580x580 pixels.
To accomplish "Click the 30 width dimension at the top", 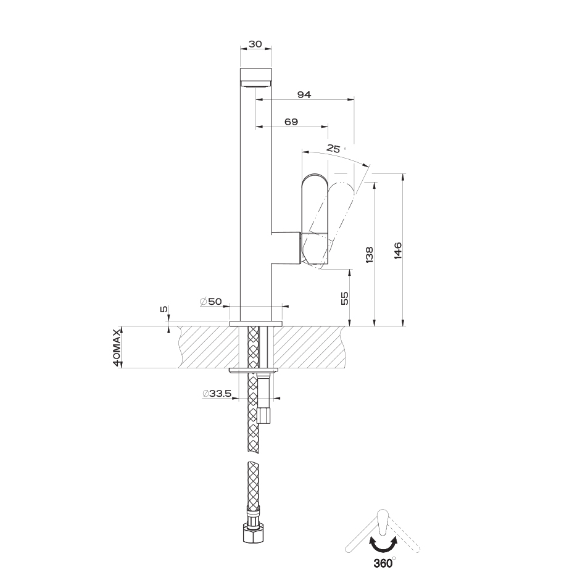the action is click(x=255, y=44).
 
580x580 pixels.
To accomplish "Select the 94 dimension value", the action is click(x=304, y=94).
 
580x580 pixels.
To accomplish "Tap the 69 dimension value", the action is click(x=291, y=122).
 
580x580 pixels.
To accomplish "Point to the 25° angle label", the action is click(x=335, y=149).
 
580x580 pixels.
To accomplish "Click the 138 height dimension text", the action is click(x=369, y=255).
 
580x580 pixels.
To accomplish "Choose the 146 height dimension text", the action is click(x=397, y=251).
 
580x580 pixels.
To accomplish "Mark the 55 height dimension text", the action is click(x=344, y=298).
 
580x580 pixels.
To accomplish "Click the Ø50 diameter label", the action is click(x=211, y=302).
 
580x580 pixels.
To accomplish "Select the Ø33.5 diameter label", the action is click(x=217, y=394).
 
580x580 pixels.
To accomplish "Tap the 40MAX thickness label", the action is click(x=117, y=347).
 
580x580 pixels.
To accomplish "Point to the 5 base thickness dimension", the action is click(x=164, y=309).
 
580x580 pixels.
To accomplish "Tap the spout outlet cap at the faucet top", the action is click(x=256, y=78).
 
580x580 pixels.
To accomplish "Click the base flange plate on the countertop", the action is click(x=256, y=324).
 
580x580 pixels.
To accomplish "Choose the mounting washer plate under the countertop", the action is click(x=254, y=371).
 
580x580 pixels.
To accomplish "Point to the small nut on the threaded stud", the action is click(x=263, y=416).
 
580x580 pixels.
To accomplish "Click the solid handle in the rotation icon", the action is click(x=382, y=521).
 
